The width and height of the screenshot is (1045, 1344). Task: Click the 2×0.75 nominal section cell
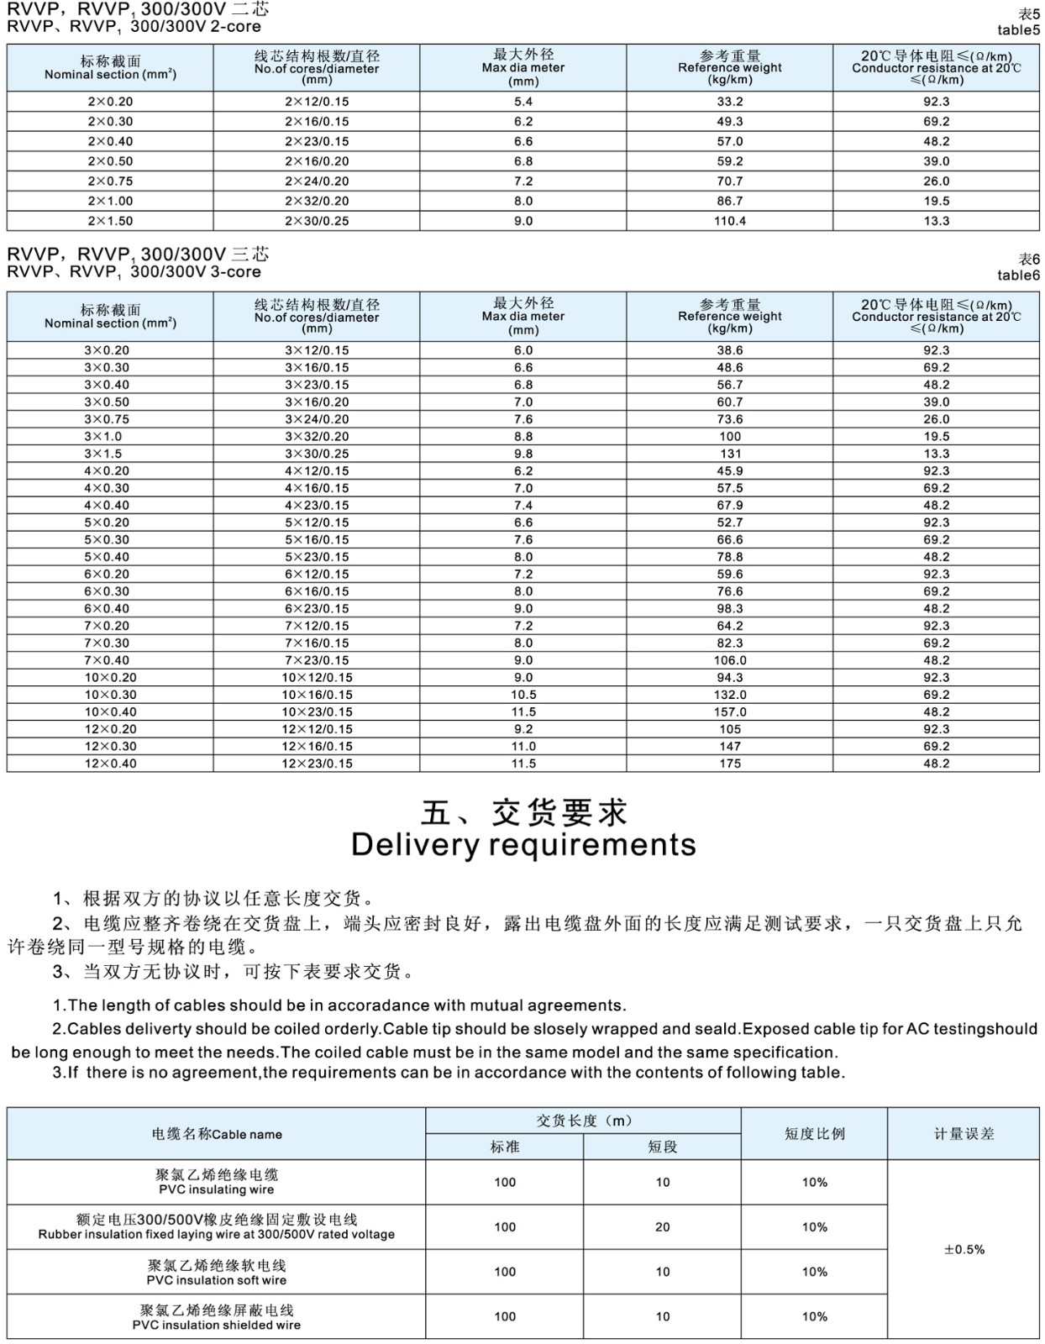coord(110,181)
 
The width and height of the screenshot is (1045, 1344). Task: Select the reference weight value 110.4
coord(730,221)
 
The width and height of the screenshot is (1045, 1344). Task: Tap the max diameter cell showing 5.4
coord(523,102)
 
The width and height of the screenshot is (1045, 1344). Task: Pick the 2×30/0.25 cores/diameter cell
coord(317,221)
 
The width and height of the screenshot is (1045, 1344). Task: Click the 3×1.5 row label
coord(103,454)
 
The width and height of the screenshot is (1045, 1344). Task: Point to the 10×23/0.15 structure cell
coord(317,711)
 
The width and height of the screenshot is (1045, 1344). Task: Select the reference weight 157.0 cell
coord(730,711)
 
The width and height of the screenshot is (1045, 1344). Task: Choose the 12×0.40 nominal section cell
coord(110,764)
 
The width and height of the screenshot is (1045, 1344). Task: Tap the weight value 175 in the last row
coord(730,764)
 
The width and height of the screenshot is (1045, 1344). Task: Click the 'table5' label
coord(1018,30)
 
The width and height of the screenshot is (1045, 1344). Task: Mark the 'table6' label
coord(1018,276)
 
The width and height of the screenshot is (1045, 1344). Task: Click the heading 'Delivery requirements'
coord(523,845)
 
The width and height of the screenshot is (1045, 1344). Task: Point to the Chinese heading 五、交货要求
coord(523,813)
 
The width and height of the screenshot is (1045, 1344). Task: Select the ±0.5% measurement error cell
coord(964,1249)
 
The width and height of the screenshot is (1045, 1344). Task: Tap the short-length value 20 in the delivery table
coord(663,1227)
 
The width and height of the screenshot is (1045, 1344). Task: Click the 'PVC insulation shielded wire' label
coord(216,1325)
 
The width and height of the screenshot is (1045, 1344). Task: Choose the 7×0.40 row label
coord(107,660)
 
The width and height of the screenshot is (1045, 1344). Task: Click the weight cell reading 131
coord(730,454)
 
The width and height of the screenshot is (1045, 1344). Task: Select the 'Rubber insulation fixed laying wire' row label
coord(216,1235)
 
